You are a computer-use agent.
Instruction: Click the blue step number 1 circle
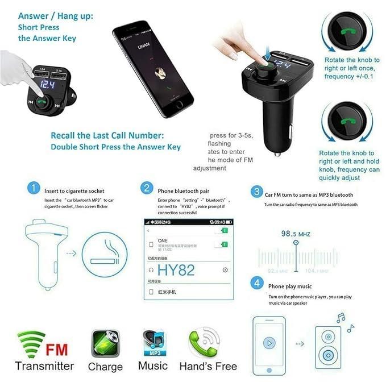(x=34, y=188)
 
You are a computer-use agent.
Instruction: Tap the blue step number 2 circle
(x=147, y=188)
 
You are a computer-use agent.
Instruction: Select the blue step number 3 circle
(x=258, y=192)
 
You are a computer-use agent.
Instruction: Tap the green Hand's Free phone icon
(x=205, y=342)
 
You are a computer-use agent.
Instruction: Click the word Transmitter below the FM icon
(x=44, y=366)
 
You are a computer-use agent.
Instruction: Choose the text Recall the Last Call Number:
(x=107, y=135)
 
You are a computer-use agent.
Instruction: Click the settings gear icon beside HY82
(x=226, y=269)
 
